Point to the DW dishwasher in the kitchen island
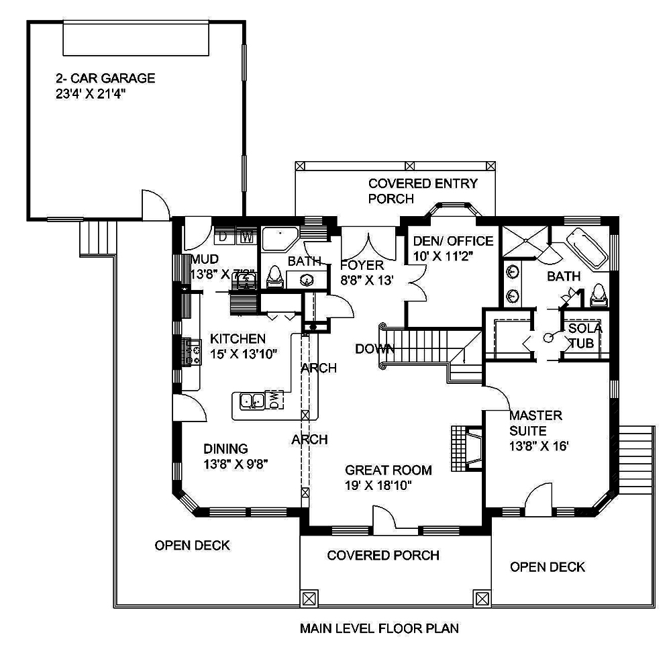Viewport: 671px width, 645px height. point(275,399)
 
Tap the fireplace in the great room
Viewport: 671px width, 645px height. point(468,447)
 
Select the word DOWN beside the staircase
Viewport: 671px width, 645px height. point(374,349)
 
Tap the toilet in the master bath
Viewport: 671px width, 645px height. point(599,295)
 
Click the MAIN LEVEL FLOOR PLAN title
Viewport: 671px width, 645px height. point(378,629)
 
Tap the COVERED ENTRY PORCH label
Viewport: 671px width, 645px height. point(423,191)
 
